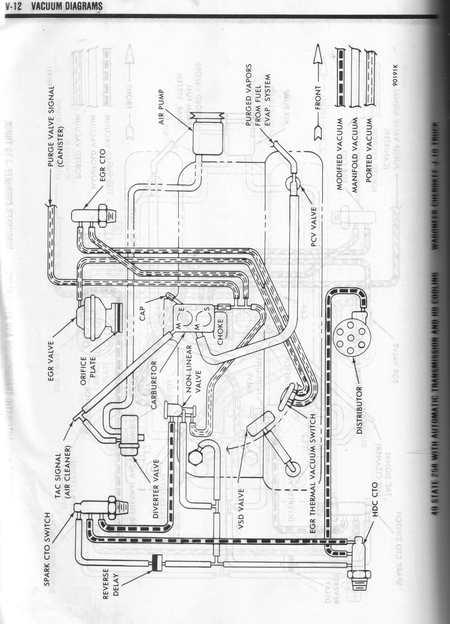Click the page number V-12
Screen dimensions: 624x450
pyautogui.click(x=10, y=6)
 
